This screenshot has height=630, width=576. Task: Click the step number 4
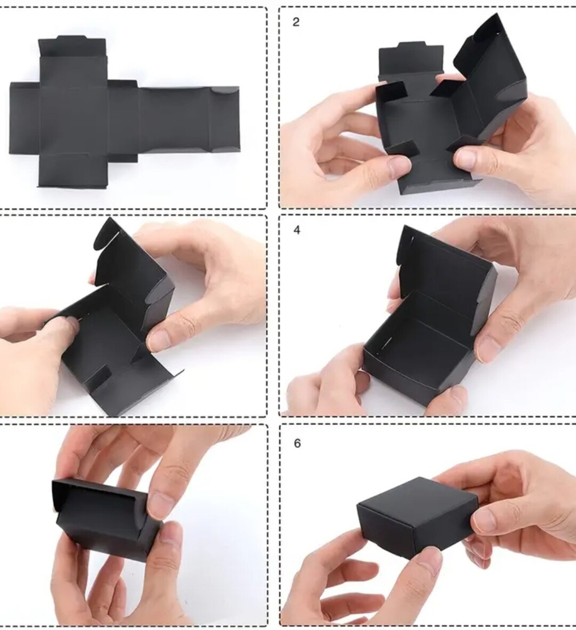297,230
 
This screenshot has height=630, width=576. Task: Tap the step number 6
297,444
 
